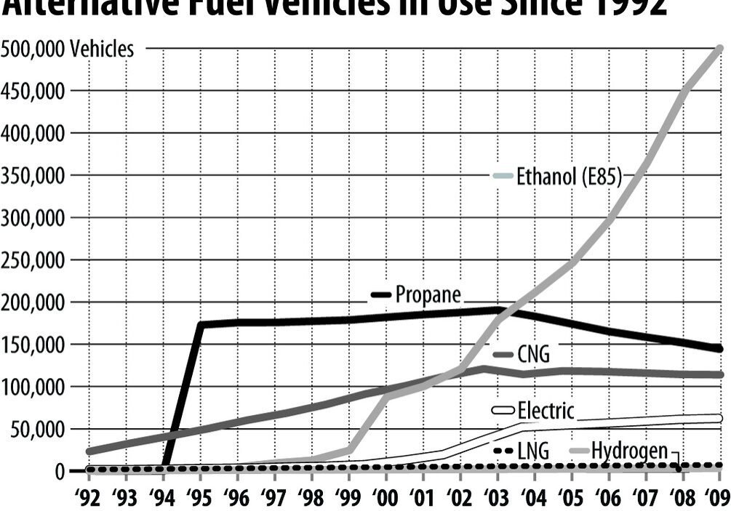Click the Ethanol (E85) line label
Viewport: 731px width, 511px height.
coord(569,177)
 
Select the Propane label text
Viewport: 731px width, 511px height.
coord(428,294)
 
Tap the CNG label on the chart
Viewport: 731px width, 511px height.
coord(533,355)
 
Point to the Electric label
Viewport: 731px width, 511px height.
coord(546,411)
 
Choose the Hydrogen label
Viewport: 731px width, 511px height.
coord(628,451)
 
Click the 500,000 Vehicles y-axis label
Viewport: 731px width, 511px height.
coord(68,49)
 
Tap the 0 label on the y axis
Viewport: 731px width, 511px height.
coord(60,471)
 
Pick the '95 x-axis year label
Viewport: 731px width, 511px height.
coord(200,498)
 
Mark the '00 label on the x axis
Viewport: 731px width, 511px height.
coord(386,498)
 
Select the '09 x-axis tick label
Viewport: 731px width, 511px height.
coord(717,498)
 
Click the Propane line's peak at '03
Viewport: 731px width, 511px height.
coord(498,310)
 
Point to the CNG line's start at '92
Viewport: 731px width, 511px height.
coord(89,452)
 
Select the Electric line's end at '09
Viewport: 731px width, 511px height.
coord(719,419)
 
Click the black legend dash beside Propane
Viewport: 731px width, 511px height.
coord(381,294)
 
